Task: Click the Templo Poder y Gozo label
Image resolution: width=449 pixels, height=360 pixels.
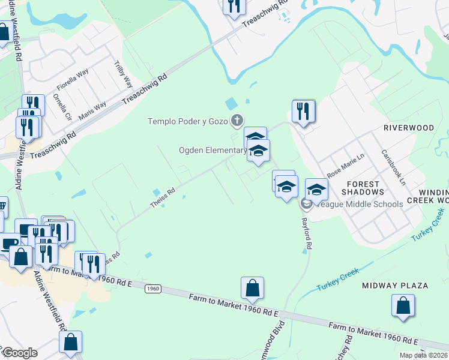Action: coord(187,121)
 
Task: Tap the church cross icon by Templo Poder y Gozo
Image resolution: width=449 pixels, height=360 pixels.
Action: coord(237,121)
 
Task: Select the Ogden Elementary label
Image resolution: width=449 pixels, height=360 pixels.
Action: coord(211,150)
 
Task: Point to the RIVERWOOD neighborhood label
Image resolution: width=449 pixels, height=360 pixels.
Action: coord(409,128)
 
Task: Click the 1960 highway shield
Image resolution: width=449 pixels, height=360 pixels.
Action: coord(153,289)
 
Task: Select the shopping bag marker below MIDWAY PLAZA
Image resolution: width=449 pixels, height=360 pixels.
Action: coord(403,306)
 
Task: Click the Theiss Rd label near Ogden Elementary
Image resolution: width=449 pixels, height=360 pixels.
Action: coord(163,198)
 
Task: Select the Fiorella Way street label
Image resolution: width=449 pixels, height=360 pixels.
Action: coord(73,79)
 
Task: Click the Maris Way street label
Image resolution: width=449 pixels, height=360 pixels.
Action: coord(92,110)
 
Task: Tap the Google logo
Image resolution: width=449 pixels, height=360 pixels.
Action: coord(20,353)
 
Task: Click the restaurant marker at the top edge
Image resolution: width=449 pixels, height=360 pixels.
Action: coord(234,6)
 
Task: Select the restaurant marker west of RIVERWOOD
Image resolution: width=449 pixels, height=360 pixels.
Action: coord(303,111)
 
